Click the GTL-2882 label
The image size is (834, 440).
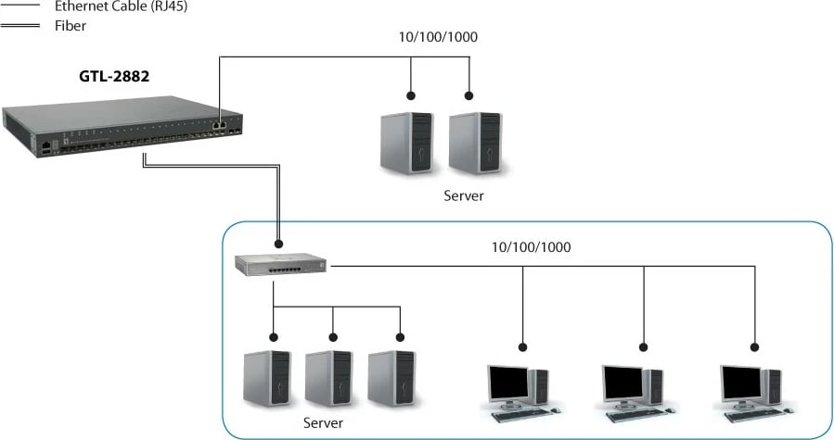(114, 78)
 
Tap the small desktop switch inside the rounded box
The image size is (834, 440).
(279, 265)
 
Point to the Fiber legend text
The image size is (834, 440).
(71, 26)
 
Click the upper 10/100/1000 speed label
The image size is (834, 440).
(439, 38)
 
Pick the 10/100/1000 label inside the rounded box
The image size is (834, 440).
(531, 247)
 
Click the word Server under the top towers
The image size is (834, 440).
(463, 196)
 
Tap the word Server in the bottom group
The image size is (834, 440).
(323, 422)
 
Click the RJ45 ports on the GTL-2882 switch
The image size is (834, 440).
(219, 122)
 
